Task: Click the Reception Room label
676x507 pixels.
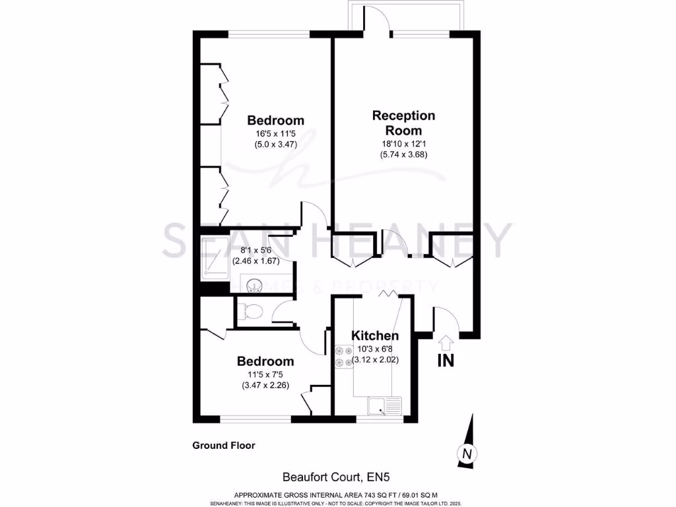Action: coord(404,122)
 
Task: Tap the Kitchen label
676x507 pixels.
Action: coord(374,335)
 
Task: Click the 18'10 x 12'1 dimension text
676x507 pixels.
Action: coord(404,144)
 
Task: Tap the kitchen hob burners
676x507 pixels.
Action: coord(343,356)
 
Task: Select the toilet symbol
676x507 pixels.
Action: coord(250,310)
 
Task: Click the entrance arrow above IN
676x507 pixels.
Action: coord(446,343)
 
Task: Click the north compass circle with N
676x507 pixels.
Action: coord(467,454)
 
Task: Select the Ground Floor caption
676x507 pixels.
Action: coord(223,446)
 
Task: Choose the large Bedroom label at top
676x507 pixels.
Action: coord(275,120)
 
